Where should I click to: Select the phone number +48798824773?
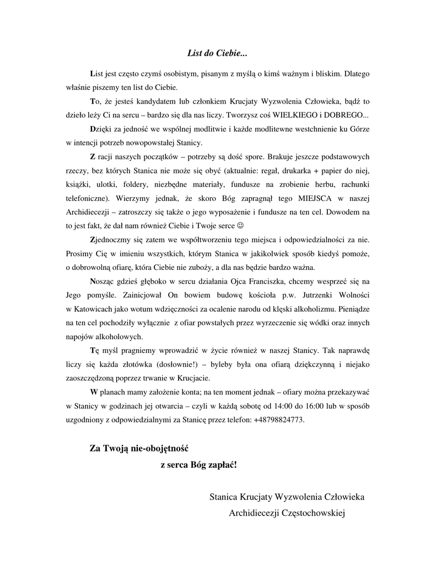(278, 420)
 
